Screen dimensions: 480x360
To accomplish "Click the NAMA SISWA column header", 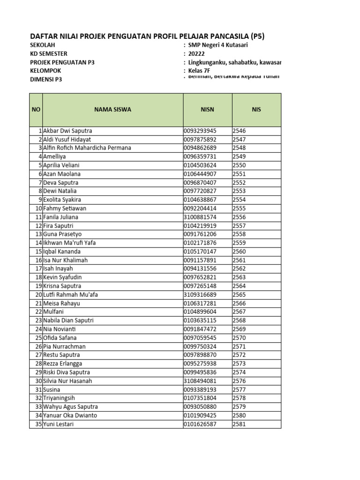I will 112,110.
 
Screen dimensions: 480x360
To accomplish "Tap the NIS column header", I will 256,110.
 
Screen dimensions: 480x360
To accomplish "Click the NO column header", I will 36,110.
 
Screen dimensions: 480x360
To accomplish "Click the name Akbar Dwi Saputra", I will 68,131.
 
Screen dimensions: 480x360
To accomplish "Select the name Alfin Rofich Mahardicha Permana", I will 87,148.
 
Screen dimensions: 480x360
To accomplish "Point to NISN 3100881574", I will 201,217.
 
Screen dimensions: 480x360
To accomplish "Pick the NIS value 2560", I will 239,251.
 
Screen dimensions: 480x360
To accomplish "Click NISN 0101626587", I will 201,424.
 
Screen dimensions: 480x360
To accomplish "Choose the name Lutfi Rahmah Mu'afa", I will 71,295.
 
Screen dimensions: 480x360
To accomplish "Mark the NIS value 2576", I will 239,381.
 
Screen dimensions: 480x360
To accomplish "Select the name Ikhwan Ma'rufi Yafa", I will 69,243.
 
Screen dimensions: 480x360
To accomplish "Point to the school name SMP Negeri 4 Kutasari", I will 218,45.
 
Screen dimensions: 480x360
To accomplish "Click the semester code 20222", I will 197,53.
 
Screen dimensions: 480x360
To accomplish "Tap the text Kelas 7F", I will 200,71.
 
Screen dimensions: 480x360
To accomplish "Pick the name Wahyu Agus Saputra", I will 71,407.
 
